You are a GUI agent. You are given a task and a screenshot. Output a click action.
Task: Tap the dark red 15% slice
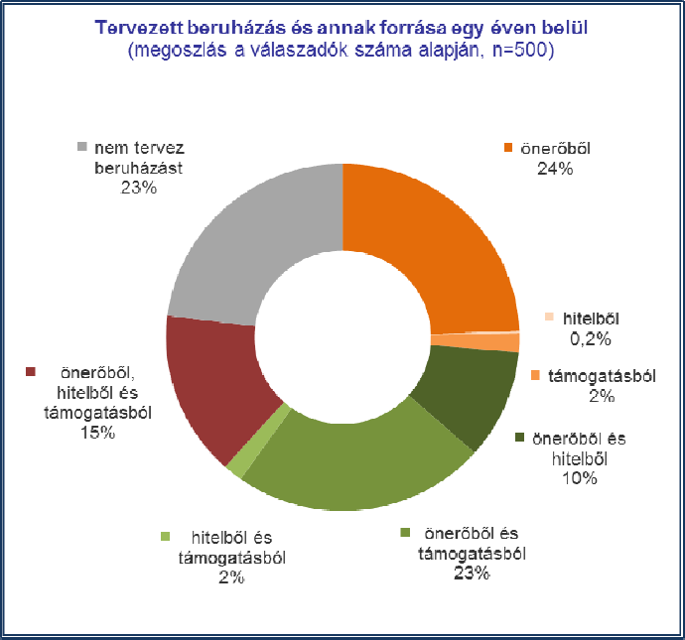[x=213, y=382]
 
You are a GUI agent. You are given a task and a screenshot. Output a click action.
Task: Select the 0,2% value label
[x=584, y=338]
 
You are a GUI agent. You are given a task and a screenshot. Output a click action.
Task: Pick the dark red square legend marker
[x=31, y=373]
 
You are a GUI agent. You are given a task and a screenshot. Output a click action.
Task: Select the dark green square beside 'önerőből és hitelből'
[x=520, y=438]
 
